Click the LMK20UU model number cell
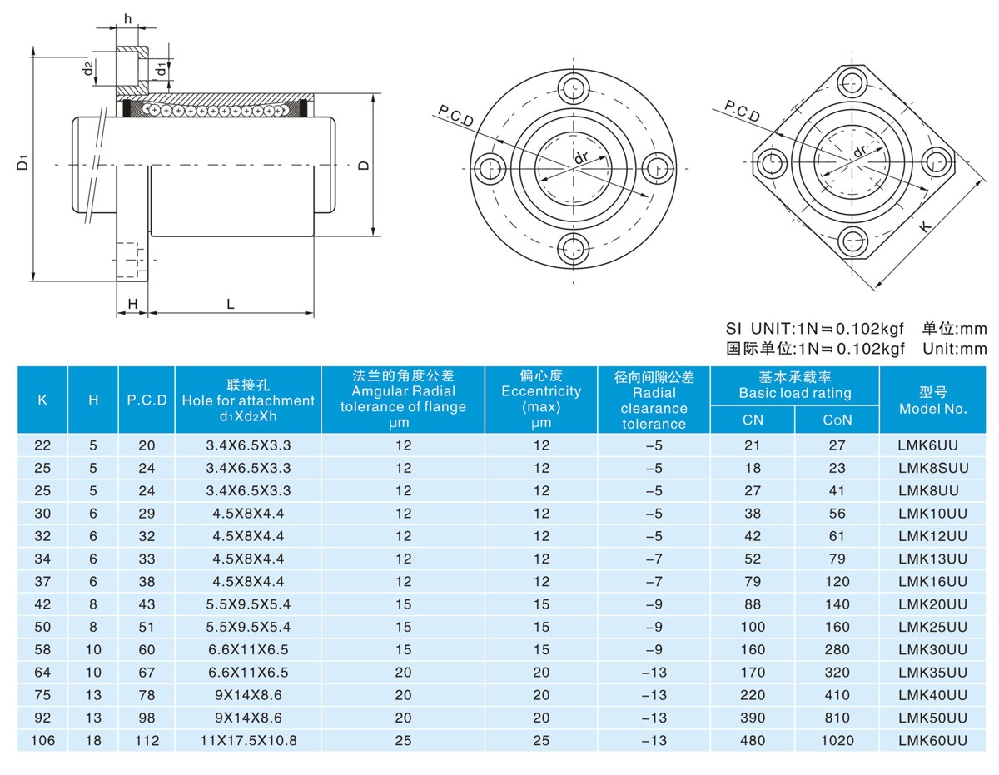click(x=932, y=604)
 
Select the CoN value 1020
click(x=837, y=739)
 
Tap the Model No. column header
click(x=932, y=400)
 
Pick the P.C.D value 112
click(x=147, y=739)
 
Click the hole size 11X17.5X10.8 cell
click(x=248, y=739)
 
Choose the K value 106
click(x=42, y=739)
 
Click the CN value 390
click(x=753, y=717)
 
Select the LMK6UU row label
click(x=932, y=445)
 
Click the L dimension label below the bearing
click(x=231, y=305)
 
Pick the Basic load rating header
click(x=794, y=385)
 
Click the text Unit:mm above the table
click(x=954, y=349)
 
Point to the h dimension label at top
click(x=127, y=18)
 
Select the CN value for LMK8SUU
click(x=753, y=468)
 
